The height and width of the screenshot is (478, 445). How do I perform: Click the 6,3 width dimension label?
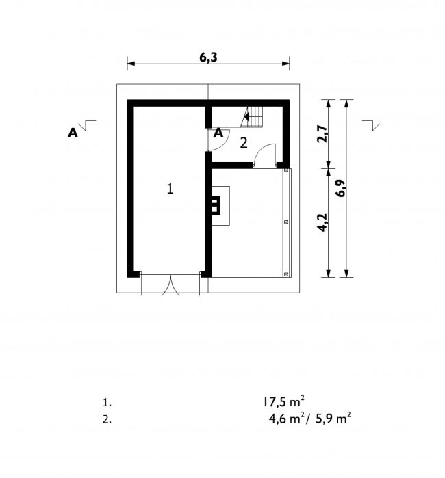(208, 57)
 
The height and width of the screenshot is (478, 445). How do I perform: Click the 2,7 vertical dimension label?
(322, 134)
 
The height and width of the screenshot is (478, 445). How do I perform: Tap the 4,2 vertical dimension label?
(322, 223)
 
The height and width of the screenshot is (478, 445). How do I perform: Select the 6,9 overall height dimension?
(341, 188)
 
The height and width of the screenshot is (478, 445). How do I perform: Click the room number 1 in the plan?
(170, 189)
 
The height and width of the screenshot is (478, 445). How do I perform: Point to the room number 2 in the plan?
(244, 143)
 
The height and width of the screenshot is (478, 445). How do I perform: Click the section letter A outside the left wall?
(73, 133)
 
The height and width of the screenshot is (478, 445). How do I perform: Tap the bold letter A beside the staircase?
(218, 133)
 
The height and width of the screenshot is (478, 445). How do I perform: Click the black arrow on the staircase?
(246, 116)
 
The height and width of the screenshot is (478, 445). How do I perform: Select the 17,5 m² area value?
(284, 402)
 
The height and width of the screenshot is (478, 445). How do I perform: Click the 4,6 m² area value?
(287, 419)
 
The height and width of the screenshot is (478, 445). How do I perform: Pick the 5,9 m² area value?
(333, 419)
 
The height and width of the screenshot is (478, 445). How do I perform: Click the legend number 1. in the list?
(107, 403)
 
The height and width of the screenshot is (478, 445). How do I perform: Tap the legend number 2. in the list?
(107, 419)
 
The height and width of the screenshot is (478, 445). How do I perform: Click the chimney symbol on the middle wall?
(216, 206)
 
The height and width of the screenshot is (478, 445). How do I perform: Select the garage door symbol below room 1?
(170, 284)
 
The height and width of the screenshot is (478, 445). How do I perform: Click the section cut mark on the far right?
(371, 125)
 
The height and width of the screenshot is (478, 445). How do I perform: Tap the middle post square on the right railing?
(286, 222)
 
